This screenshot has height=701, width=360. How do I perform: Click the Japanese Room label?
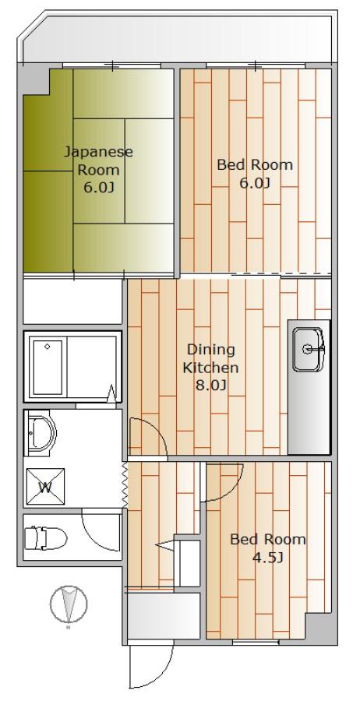pyautogui.click(x=98, y=170)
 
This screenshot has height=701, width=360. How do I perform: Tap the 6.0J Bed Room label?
pyautogui.click(x=255, y=174)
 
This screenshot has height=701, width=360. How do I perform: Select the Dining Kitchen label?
pyautogui.click(x=211, y=367)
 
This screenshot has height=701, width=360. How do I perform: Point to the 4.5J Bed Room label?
pyautogui.click(x=268, y=548)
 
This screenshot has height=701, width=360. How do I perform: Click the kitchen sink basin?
pyautogui.click(x=308, y=349)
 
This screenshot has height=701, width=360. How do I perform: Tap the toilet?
pyautogui.click(x=45, y=537)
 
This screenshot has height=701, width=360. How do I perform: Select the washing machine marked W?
pyautogui.click(x=45, y=487)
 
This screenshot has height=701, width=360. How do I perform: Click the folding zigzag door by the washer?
pyautogui.click(x=125, y=485)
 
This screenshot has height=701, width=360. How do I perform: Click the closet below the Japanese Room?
pyautogui.click(x=72, y=301)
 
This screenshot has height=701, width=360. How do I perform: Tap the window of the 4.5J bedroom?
pyautogui.click(x=256, y=642)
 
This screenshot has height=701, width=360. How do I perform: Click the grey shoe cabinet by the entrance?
pyautogui.click(x=164, y=615)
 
